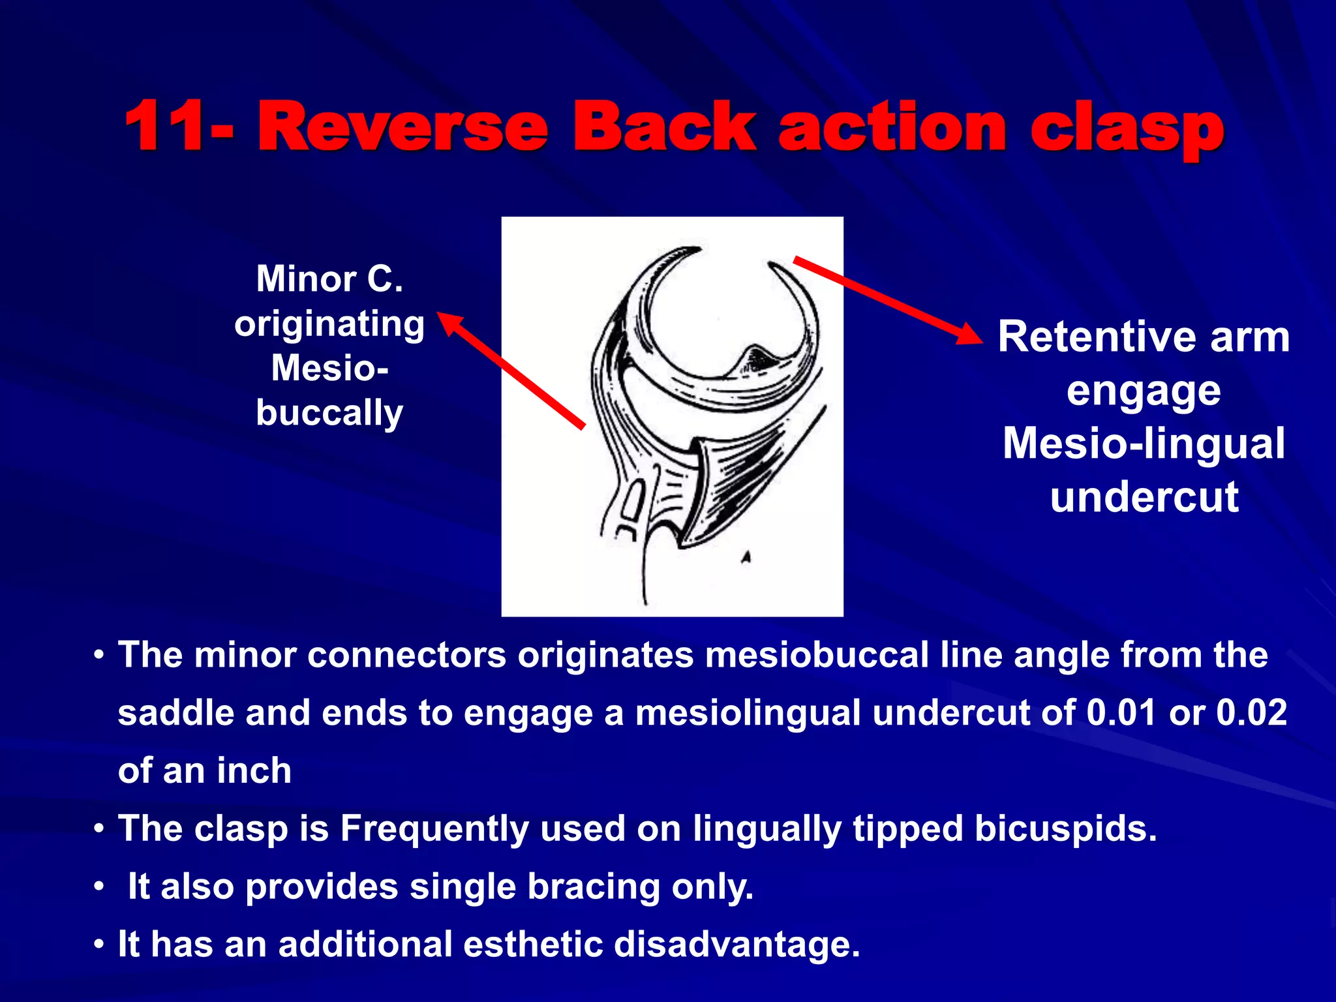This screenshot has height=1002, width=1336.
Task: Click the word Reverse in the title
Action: click(402, 127)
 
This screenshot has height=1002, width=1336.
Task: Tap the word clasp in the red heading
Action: click(1127, 129)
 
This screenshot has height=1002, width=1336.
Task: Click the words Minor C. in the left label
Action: click(329, 279)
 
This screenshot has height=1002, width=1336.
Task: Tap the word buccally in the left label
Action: click(329, 414)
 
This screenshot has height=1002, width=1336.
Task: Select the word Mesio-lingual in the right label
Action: click(1144, 444)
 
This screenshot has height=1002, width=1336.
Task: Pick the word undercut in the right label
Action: click(1144, 497)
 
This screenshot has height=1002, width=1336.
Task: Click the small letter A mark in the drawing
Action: click(746, 557)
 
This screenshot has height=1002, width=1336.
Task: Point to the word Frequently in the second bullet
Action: click(434, 828)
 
